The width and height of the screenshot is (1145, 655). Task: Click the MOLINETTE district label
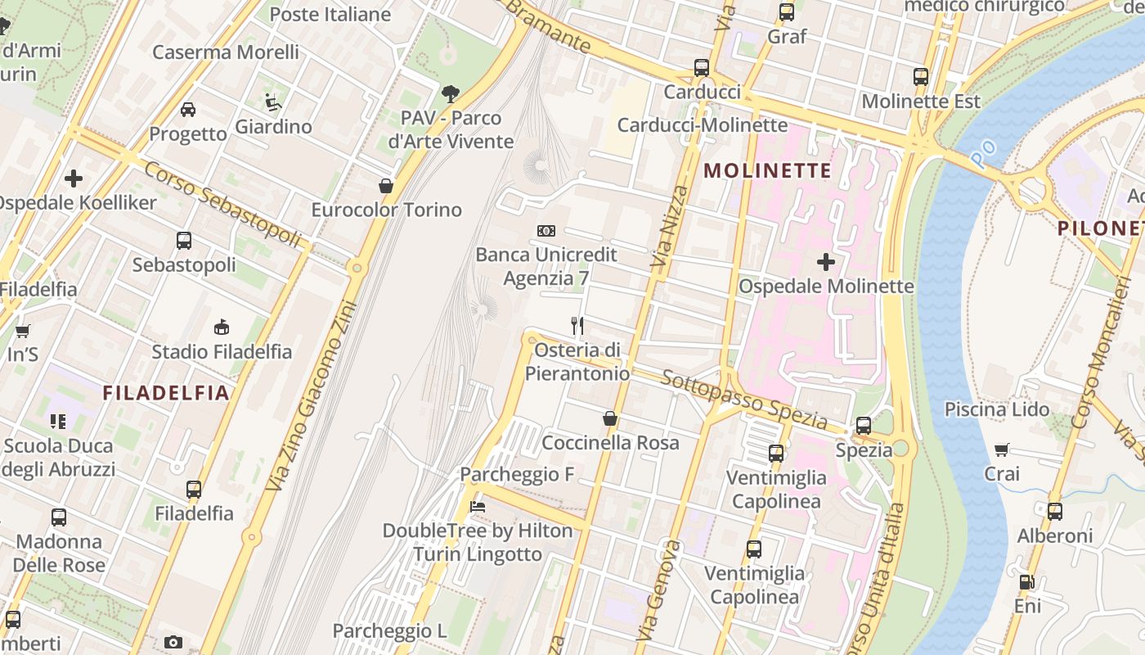pyautogui.click(x=767, y=171)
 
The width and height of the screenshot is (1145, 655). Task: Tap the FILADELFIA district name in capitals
pyautogui.click(x=166, y=393)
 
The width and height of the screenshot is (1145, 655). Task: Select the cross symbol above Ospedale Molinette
pyautogui.click(x=826, y=262)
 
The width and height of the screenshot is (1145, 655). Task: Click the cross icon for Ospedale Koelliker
pyautogui.click(x=74, y=178)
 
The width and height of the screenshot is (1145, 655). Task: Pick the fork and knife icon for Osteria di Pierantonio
pyautogui.click(x=577, y=326)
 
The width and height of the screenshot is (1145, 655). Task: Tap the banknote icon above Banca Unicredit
pyautogui.click(x=546, y=231)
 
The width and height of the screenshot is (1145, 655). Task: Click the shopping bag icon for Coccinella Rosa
pyautogui.click(x=610, y=418)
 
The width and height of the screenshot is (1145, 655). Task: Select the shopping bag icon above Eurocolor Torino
pyautogui.click(x=386, y=186)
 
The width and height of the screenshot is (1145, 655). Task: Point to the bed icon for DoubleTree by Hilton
pyautogui.click(x=478, y=507)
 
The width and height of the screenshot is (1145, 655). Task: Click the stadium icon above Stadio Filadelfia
pyautogui.click(x=221, y=327)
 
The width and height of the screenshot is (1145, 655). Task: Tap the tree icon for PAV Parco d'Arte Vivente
pyautogui.click(x=451, y=93)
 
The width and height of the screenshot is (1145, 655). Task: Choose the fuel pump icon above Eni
pyautogui.click(x=1027, y=582)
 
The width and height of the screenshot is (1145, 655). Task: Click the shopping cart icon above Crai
pyautogui.click(x=1002, y=449)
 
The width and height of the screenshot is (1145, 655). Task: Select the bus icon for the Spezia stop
pyautogui.click(x=864, y=425)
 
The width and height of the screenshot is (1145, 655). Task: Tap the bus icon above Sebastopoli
pyautogui.click(x=184, y=241)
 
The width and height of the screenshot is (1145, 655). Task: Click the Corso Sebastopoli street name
pyautogui.click(x=222, y=203)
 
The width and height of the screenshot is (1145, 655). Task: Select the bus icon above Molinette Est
pyautogui.click(x=921, y=77)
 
